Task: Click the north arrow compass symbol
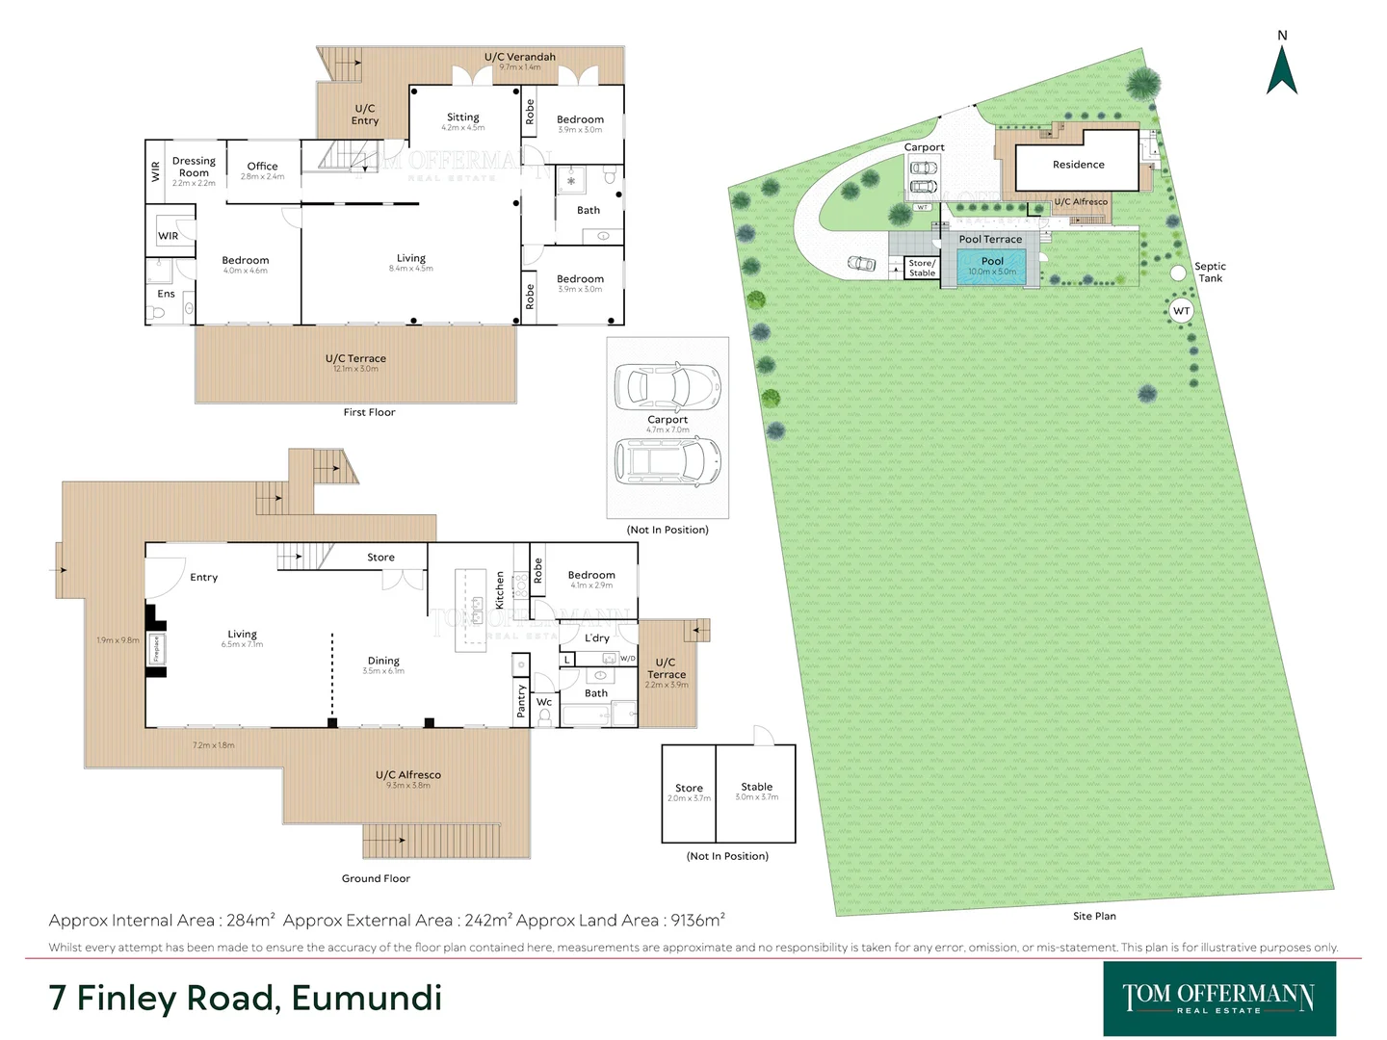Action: click(x=1281, y=69)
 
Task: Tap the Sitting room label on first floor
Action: click(x=462, y=117)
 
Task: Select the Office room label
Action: click(x=262, y=167)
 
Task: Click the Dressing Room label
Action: click(x=194, y=167)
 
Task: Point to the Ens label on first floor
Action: click(x=166, y=294)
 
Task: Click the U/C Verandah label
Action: click(x=519, y=57)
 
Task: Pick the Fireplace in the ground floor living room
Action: click(x=155, y=648)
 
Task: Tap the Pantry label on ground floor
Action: click(x=521, y=701)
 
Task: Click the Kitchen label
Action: click(x=499, y=590)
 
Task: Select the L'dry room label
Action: click(x=597, y=637)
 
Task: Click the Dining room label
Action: click(x=383, y=661)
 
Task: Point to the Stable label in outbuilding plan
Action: click(x=756, y=787)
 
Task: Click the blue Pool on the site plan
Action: click(x=992, y=266)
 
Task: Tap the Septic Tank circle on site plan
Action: click(x=1178, y=273)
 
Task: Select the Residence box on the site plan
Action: click(x=1078, y=165)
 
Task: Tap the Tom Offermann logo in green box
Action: click(x=1218, y=998)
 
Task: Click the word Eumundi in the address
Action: click(x=367, y=998)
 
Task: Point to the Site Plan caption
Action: click(x=1094, y=916)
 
